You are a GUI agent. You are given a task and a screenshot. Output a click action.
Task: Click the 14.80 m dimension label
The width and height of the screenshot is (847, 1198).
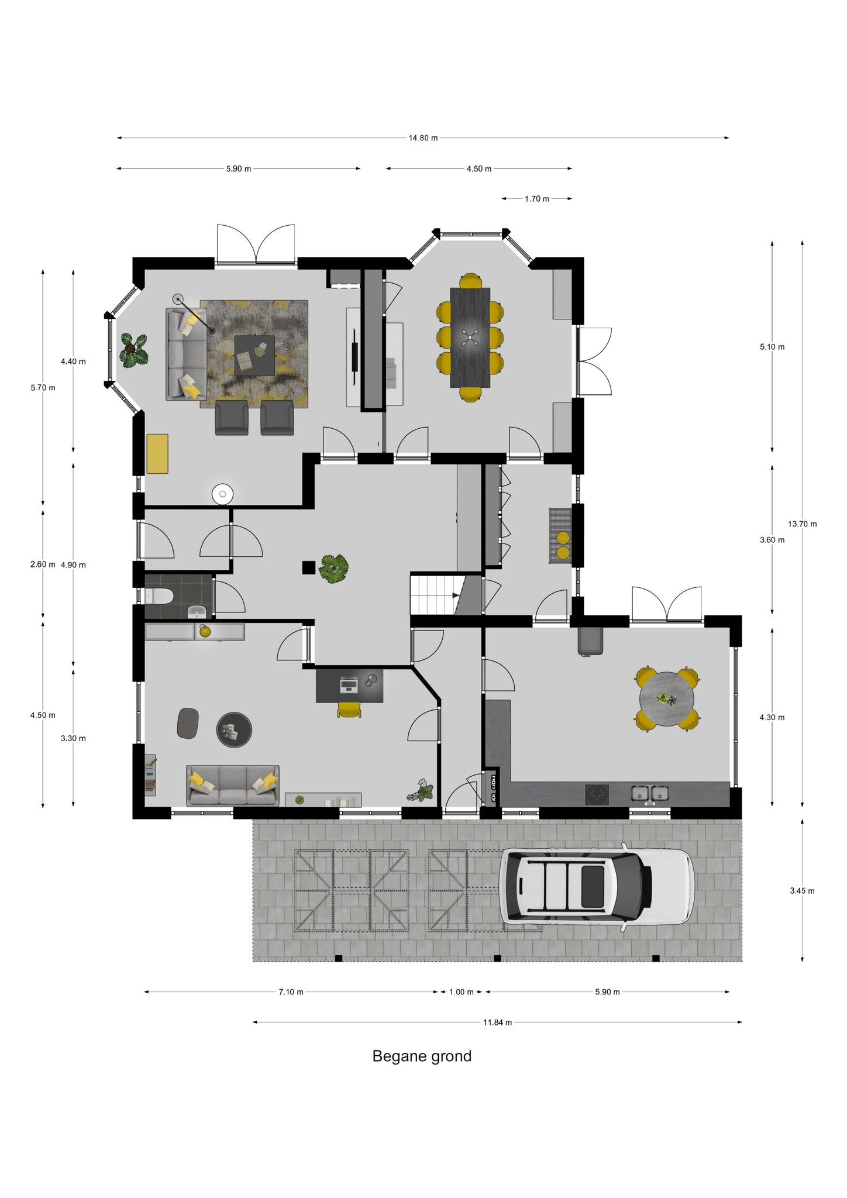(423, 138)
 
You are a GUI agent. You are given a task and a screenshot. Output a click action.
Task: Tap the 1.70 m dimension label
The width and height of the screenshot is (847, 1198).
(536, 199)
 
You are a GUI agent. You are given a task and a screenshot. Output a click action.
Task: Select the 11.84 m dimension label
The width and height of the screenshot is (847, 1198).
(497, 1023)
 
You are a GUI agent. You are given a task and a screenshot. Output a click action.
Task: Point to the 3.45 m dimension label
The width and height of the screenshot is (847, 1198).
(802, 891)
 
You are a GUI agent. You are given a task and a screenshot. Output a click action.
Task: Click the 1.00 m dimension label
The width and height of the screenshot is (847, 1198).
(461, 992)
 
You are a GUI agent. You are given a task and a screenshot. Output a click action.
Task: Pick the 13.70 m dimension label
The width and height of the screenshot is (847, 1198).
(802, 524)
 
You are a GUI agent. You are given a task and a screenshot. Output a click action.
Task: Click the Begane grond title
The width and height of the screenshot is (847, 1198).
(422, 1056)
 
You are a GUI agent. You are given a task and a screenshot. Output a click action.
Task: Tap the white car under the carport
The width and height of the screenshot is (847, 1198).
(597, 887)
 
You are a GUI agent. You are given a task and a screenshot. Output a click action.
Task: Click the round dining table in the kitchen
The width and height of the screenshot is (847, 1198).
(667, 699)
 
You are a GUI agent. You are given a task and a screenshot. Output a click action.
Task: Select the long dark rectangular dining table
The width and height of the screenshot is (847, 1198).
(470, 337)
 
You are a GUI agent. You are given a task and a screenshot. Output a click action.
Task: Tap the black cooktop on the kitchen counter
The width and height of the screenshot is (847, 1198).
(597, 794)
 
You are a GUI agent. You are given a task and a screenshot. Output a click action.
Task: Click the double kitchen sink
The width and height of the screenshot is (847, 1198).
(650, 794)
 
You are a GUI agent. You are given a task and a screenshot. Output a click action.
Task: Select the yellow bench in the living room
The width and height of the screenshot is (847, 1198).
(157, 453)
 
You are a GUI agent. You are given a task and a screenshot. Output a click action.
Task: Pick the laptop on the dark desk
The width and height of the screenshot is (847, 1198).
(349, 684)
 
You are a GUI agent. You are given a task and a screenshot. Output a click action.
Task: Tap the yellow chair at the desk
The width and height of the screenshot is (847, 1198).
(349, 710)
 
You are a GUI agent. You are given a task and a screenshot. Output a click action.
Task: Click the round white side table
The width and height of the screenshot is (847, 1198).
(223, 494)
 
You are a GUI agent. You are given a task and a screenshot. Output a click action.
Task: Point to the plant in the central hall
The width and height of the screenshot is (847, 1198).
(334, 567)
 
